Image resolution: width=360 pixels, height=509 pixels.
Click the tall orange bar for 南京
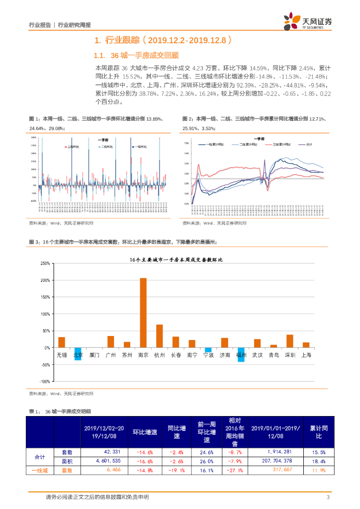point(143,313)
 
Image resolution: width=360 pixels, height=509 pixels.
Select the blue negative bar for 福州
point(241,354)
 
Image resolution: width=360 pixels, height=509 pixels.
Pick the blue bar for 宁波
point(208,350)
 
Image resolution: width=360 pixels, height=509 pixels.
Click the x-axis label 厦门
point(94,355)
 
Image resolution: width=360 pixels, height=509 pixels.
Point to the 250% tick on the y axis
point(44,263)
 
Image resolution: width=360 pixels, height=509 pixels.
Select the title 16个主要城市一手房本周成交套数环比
point(176,260)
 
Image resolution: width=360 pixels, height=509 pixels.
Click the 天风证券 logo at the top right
point(308,22)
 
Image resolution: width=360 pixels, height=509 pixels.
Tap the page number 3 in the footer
point(328,497)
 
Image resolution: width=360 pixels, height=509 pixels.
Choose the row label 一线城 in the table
point(39,470)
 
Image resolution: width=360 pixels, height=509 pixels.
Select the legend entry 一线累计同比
point(214,144)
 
